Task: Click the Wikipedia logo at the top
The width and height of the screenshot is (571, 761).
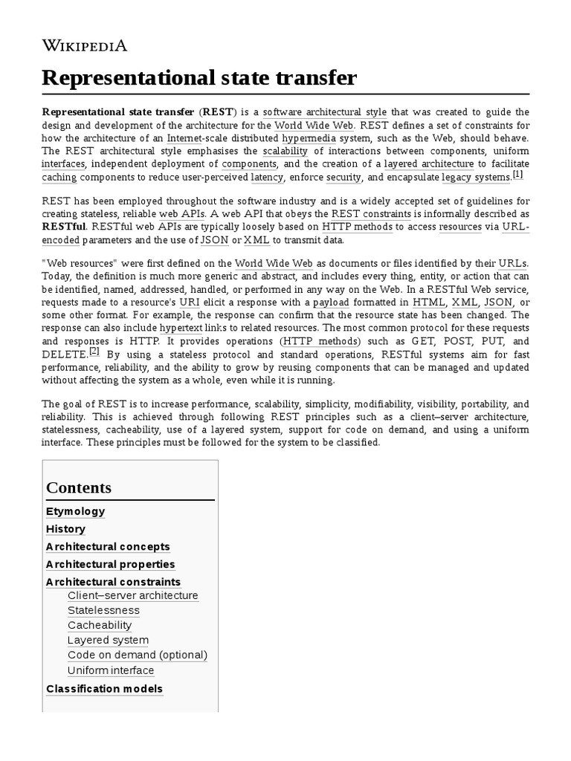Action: point(84,46)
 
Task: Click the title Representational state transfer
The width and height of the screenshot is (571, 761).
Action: point(199,77)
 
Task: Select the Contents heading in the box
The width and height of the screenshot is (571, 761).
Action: point(79,488)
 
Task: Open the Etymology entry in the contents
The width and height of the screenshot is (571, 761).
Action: point(75,511)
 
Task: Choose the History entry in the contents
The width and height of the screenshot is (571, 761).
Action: point(65,529)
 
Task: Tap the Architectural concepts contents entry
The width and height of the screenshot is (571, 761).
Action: point(108,547)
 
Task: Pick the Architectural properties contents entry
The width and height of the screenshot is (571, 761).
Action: point(110,565)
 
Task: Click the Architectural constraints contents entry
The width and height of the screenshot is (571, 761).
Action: point(113,582)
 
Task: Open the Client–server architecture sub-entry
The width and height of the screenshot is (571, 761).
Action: point(132,595)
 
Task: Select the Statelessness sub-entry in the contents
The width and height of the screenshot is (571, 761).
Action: point(103,610)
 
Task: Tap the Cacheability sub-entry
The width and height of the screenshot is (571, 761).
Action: point(100,625)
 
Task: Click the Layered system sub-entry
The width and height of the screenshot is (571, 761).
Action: point(108,640)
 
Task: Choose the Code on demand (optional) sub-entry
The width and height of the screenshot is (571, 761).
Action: point(138,655)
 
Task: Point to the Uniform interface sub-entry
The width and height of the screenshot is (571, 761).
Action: point(111,670)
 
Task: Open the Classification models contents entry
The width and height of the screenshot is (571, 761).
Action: point(104,689)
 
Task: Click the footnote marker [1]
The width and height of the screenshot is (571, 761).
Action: point(517,175)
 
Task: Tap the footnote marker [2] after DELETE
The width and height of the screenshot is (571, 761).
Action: point(94,351)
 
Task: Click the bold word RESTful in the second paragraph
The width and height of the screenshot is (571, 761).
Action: point(64,227)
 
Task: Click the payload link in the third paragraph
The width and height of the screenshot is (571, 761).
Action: point(331,303)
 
